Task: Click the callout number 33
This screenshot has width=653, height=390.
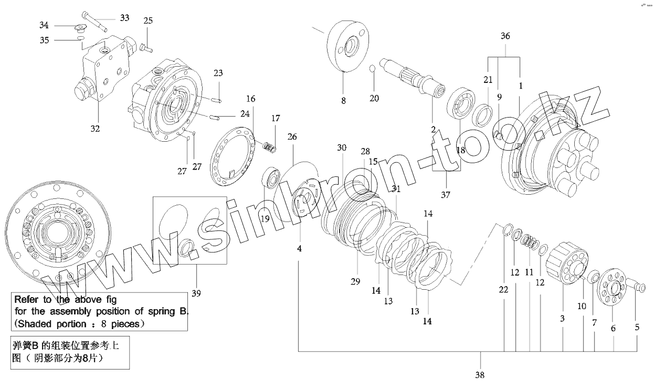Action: pos(124,18)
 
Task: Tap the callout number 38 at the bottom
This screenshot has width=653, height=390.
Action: pos(479,375)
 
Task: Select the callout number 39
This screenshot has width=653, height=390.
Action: pos(196,292)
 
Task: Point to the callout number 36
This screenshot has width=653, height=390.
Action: pos(505,36)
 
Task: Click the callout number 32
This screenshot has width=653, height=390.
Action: pos(95,128)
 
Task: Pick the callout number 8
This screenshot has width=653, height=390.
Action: pos(343,101)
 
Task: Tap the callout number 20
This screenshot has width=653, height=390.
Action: pos(374,98)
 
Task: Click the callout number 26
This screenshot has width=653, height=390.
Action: pos(292,137)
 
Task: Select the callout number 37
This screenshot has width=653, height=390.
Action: pos(445,195)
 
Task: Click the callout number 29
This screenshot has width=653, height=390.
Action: pos(355,282)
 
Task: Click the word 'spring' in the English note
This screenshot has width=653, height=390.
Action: pos(157,312)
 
